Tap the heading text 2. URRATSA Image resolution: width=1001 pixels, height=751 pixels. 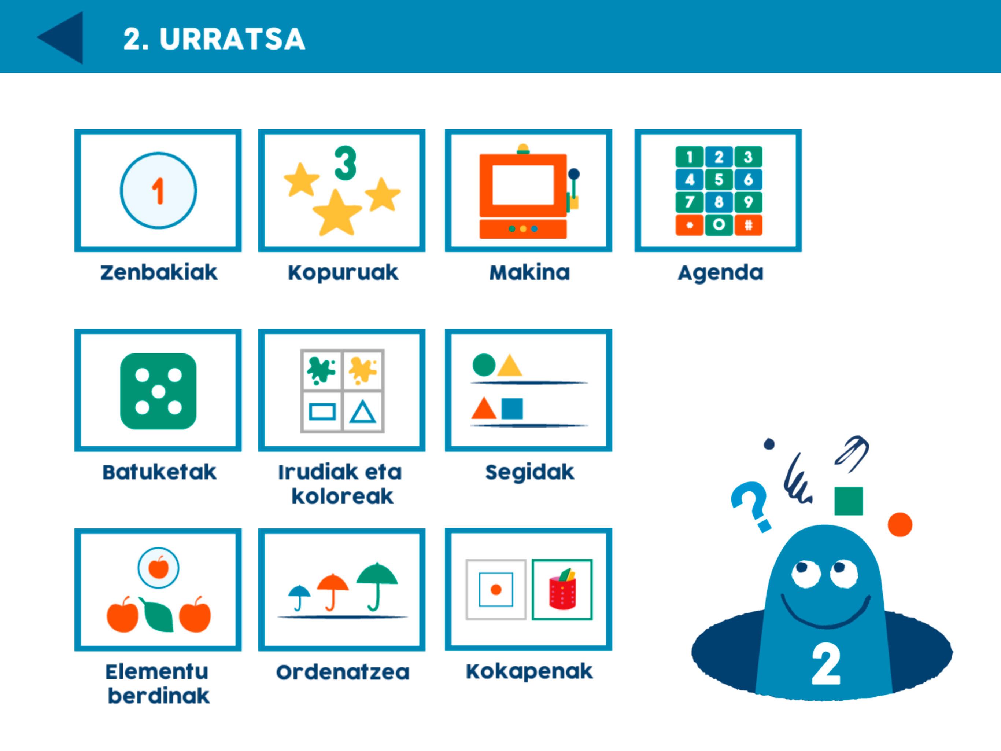214,39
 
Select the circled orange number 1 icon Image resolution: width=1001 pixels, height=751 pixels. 158,190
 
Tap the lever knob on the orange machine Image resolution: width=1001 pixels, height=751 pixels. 574,174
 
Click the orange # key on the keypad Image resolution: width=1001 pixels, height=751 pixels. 749,225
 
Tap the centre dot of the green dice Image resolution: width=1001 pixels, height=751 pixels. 158,391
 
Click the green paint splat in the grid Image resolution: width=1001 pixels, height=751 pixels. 321,370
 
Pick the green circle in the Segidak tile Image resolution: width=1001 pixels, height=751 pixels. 484,365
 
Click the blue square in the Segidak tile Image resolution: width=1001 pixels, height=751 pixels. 512,409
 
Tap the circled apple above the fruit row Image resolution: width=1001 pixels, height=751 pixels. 158,568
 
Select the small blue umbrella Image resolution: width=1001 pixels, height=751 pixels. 299,597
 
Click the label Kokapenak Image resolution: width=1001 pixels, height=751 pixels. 529,672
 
